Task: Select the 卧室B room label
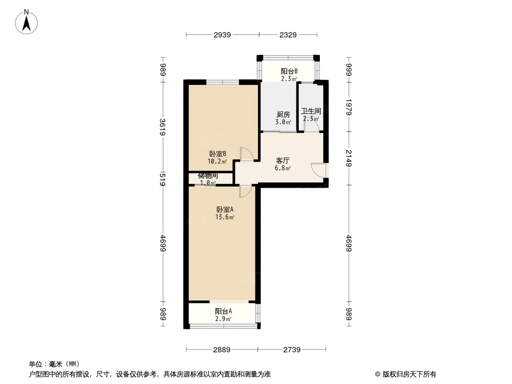218,154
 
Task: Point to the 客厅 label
283,161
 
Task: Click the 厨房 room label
283,115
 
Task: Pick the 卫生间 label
311,111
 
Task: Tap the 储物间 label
208,176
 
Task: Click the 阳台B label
289,72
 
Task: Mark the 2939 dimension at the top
222,35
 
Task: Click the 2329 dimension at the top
288,35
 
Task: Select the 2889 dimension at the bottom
221,350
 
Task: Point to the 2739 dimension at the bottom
291,350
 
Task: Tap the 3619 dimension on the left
163,128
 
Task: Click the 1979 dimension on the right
349,107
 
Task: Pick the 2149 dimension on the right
349,158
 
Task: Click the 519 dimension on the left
163,179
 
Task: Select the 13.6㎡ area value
225,217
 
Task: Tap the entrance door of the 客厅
319,170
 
